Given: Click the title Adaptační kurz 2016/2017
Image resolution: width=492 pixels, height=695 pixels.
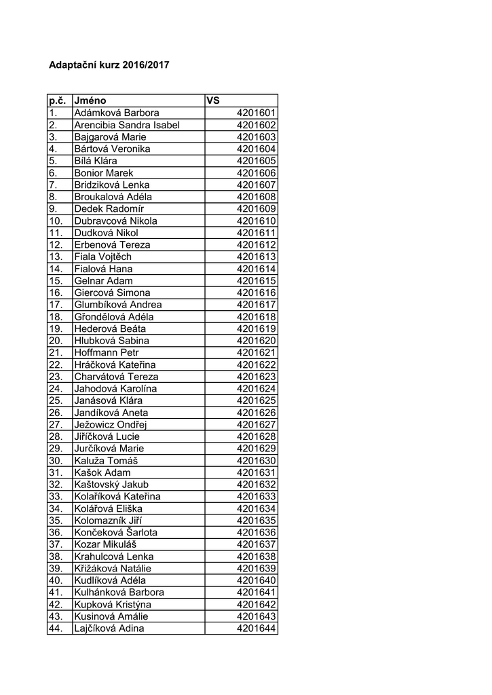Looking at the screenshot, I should click(109, 66).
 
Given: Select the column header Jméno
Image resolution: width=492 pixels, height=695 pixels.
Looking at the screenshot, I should click(90, 100).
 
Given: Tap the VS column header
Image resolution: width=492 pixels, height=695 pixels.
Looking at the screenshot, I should click(213, 100).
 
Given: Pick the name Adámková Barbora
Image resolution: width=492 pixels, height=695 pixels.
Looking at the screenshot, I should click(116, 113).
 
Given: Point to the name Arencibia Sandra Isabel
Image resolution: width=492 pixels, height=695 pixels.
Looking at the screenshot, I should click(127, 125).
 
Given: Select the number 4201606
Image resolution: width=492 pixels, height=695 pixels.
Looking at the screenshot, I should click(257, 173).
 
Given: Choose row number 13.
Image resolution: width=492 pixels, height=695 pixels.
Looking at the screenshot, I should click(56, 257).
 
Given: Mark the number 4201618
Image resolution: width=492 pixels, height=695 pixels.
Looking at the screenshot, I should click(257, 317).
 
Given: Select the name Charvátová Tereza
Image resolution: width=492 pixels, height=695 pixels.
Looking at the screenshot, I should click(116, 377).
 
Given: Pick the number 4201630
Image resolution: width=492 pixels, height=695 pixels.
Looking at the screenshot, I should click(257, 461).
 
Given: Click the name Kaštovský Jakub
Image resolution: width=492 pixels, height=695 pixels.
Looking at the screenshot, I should click(111, 485).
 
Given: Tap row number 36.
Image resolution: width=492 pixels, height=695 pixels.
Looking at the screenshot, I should click(56, 533).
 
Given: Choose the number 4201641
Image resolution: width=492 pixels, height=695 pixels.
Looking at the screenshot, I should click(257, 593).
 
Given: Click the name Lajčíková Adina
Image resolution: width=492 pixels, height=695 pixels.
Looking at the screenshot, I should click(109, 628).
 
